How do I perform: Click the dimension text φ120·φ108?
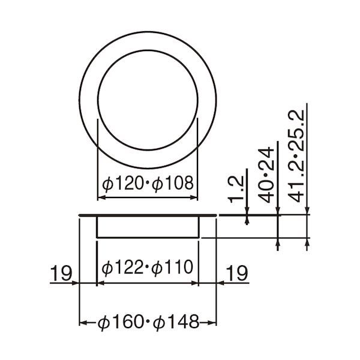pos(148,184)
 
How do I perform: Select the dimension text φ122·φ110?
pos(147,267)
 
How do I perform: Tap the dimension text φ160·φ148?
pos(149,322)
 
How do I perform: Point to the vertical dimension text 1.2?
pos(236,190)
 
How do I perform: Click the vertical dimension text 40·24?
pos(266,175)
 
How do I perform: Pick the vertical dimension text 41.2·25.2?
pos(296,156)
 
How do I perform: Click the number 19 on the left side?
pos(61,273)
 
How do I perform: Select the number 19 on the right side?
pos(237,273)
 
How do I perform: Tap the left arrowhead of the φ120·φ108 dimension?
pos(101,197)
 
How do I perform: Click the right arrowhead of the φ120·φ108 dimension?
pos(194,197)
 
